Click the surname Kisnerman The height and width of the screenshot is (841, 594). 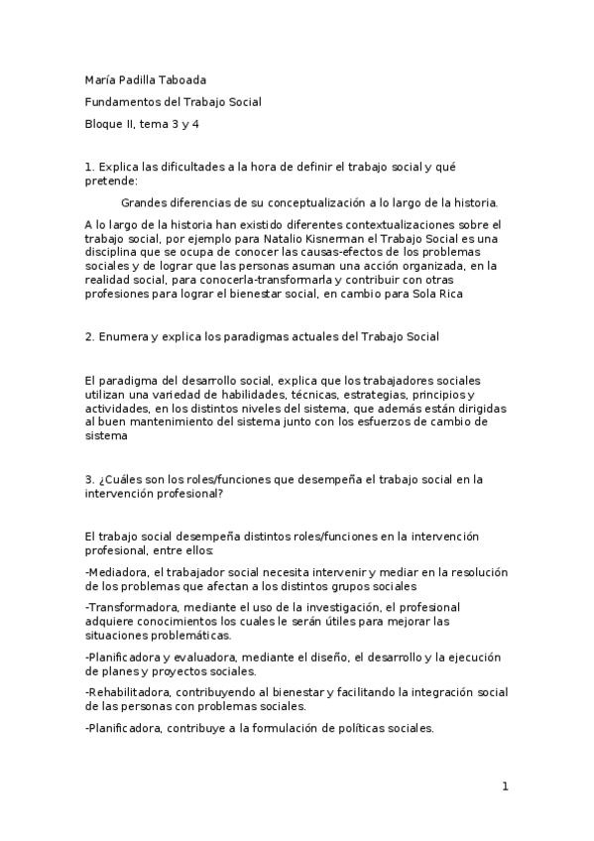[347, 239]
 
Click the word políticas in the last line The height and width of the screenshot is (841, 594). [350, 729]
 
